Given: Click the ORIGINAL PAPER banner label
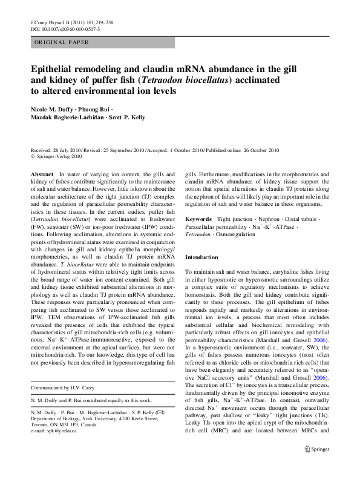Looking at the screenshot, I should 61,42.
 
